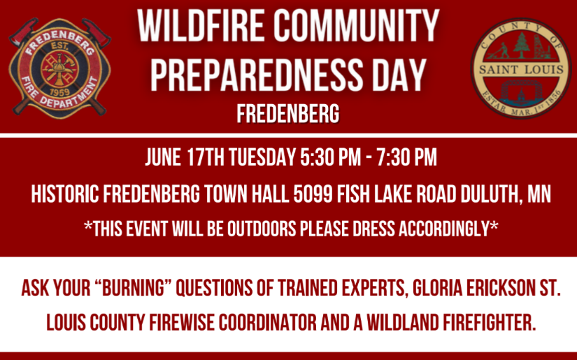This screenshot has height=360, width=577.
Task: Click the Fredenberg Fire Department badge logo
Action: (x=59, y=68)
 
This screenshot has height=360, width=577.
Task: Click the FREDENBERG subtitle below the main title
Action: (x=287, y=113)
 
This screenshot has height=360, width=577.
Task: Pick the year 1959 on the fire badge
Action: (x=59, y=90)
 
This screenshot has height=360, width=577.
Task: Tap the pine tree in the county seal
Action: (x=521, y=48)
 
